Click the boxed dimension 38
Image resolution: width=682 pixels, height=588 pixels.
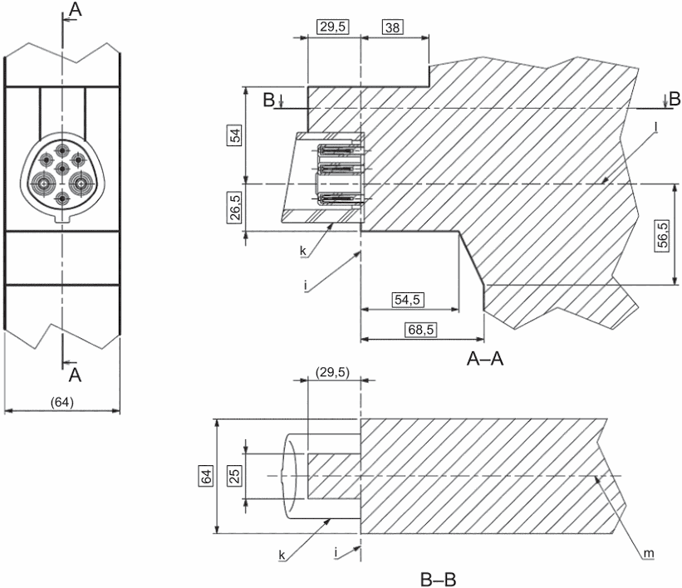[x=392, y=27]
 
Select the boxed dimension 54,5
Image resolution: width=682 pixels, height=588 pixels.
[x=408, y=300]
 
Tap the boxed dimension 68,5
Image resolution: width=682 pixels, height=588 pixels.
[x=420, y=330]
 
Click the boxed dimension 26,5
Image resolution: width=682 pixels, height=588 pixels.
[x=235, y=208]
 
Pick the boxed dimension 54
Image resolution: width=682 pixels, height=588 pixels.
[x=235, y=135]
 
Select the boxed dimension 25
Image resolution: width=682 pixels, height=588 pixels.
[x=234, y=476]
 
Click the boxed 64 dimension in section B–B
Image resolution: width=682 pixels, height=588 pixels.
[x=206, y=476]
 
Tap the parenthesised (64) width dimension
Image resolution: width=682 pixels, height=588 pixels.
[x=61, y=402]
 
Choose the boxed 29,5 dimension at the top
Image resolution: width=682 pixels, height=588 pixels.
[x=333, y=27]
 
